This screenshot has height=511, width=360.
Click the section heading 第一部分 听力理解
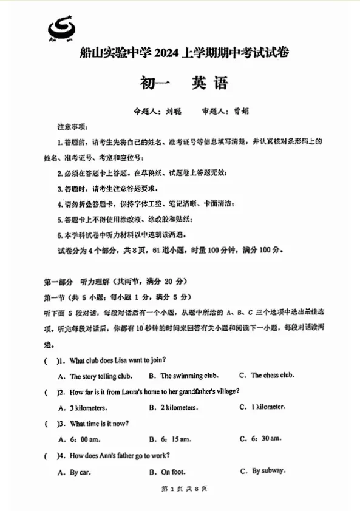click(115, 282)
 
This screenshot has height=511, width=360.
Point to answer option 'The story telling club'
click(101, 376)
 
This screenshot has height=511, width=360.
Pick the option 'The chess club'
click(272, 376)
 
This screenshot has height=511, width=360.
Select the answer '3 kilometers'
click(88, 408)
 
